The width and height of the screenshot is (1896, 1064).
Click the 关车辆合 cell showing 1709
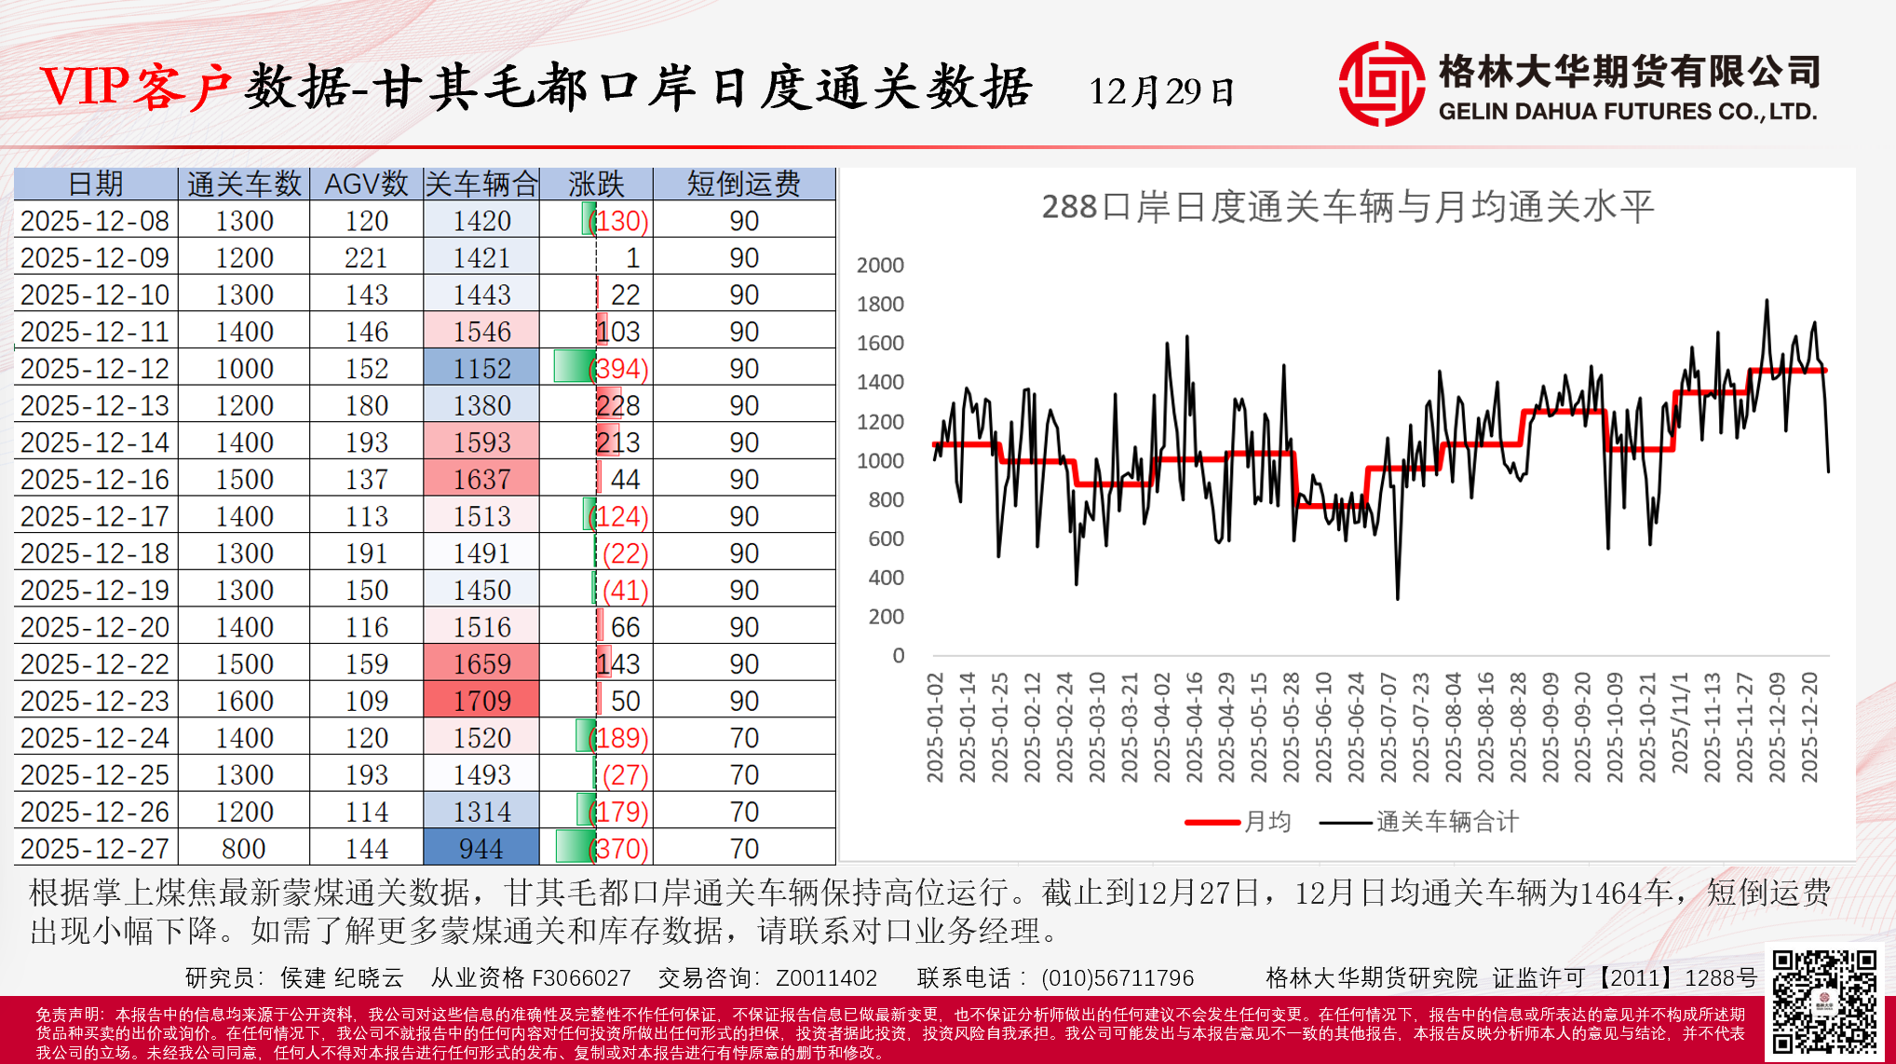(481, 701)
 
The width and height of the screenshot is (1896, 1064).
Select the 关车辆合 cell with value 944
(481, 849)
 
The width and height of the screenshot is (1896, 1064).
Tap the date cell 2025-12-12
(95, 369)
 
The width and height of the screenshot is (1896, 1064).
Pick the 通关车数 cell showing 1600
(244, 701)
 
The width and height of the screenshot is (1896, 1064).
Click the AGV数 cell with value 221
(366, 258)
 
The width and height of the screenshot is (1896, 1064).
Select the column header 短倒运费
(743, 184)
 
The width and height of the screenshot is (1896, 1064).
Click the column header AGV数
(366, 184)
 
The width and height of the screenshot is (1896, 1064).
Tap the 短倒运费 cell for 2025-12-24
(743, 738)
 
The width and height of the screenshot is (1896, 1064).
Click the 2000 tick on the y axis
(880, 266)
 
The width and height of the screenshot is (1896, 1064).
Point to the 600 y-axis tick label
(886, 539)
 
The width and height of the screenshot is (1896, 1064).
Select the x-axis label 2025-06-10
(1323, 727)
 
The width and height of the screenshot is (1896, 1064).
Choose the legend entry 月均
(1267, 822)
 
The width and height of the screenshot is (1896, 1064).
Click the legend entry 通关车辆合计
(1446, 822)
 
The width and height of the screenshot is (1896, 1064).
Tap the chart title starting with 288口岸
(1347, 207)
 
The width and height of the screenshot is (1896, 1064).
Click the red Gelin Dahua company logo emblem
(1381, 84)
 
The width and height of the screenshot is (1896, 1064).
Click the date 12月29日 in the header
(1161, 91)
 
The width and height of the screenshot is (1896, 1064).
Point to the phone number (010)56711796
(1117, 978)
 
